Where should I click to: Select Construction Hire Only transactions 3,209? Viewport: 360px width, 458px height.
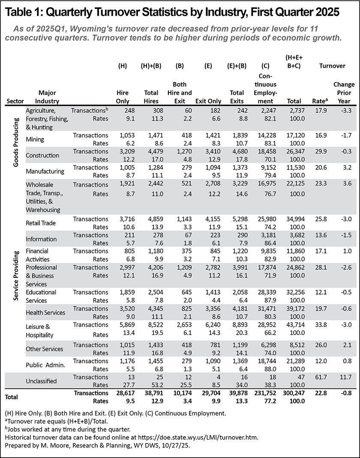point(123,151)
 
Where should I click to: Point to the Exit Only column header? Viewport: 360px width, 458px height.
point(207,101)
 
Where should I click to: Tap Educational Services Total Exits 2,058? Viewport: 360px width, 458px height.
point(235,292)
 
